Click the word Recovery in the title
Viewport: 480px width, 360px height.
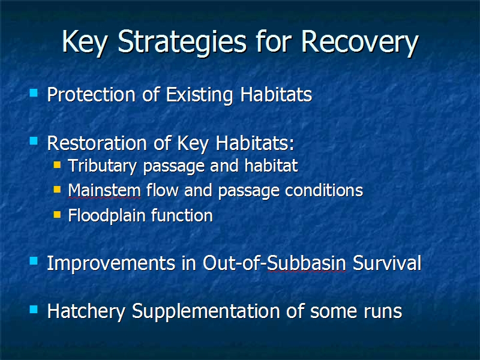click(x=360, y=43)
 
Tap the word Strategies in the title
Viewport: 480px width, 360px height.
click(x=182, y=43)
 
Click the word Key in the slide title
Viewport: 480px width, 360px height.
click(x=85, y=43)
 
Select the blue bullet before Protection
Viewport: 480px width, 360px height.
click(x=34, y=92)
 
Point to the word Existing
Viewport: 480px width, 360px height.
click(x=199, y=95)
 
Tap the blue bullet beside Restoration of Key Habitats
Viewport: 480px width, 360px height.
click(x=34, y=141)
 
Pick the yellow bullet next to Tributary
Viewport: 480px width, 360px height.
click(x=57, y=165)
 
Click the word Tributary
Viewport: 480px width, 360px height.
click(x=102, y=166)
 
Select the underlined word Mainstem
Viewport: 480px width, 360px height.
click(x=104, y=190)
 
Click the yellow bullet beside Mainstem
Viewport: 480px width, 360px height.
click(x=57, y=190)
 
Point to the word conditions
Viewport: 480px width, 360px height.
click(x=324, y=190)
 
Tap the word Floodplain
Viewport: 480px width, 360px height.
click(x=107, y=215)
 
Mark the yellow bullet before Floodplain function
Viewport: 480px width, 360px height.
click(x=57, y=214)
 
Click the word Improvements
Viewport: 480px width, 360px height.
click(x=111, y=263)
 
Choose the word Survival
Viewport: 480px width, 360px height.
click(x=387, y=263)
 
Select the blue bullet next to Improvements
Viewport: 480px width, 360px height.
click(x=34, y=261)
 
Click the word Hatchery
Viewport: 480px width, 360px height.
click(x=86, y=311)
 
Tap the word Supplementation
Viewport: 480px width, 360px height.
click(x=206, y=311)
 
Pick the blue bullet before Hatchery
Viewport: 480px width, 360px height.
click(x=34, y=310)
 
